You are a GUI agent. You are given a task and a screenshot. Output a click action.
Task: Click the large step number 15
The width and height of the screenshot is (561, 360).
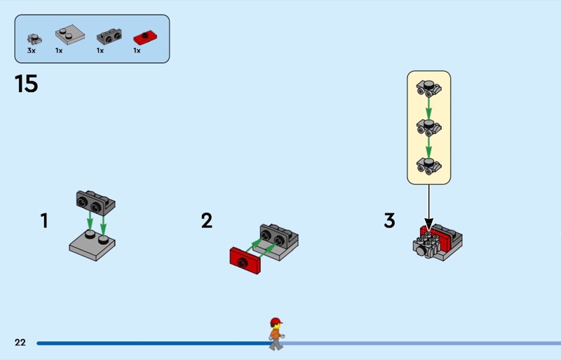[x=27, y=84]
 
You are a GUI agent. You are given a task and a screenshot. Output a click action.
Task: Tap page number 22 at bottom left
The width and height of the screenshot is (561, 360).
[x=20, y=342]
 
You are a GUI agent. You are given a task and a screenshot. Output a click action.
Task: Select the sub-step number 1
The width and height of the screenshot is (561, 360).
[x=44, y=220]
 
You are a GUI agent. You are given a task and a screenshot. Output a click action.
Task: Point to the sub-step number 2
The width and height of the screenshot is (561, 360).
[x=207, y=220]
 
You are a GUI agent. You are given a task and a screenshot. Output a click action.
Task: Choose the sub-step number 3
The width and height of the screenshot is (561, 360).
[x=390, y=220]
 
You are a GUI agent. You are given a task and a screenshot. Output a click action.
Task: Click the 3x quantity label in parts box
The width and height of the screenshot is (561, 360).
[x=32, y=51]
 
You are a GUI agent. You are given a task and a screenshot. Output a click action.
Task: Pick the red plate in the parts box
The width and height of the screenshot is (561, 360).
[x=145, y=38]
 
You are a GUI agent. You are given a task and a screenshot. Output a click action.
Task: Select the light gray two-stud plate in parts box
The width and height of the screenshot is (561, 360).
[x=70, y=34]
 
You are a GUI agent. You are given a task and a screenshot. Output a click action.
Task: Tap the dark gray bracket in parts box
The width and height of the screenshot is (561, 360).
[x=109, y=36]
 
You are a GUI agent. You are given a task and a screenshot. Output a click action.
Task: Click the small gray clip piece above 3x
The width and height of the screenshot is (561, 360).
[x=34, y=39]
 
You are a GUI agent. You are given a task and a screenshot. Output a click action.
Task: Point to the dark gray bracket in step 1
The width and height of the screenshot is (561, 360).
[x=95, y=203]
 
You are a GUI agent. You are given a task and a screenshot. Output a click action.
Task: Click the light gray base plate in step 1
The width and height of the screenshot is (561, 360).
[x=93, y=246]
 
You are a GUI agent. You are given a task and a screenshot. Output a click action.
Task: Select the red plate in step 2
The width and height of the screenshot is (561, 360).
[x=245, y=260]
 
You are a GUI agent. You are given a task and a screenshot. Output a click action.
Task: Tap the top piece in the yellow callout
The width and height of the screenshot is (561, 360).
[x=428, y=88]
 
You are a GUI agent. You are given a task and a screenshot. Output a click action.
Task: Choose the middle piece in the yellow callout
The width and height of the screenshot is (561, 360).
[x=428, y=128]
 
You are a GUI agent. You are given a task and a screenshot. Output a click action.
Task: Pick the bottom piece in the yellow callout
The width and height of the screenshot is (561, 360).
[x=428, y=166]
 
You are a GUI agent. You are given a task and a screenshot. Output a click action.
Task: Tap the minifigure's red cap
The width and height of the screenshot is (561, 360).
[x=276, y=321]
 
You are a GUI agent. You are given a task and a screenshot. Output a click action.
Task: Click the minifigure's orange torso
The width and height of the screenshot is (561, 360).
[x=275, y=334]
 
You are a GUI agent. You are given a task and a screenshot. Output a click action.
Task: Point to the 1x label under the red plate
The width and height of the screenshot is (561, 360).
[x=137, y=51]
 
